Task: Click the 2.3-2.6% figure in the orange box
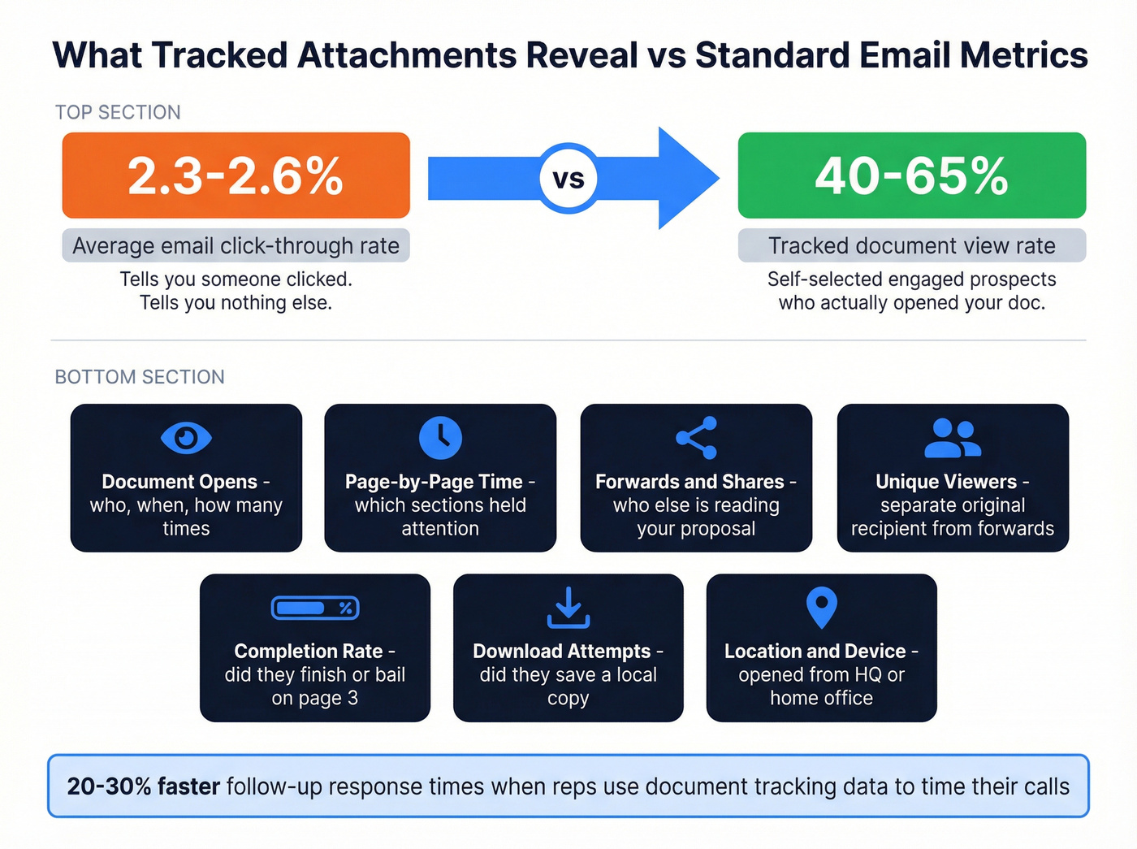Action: tap(236, 175)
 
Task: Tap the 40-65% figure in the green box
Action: tap(911, 175)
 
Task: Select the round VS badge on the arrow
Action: tap(568, 179)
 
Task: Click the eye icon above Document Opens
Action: tap(186, 438)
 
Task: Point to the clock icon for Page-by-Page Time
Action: tap(440, 438)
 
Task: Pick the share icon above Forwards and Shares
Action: tap(696, 438)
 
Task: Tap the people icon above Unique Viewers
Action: tap(953, 438)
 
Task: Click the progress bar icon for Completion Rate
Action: tap(315, 608)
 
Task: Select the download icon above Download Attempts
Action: tap(568, 608)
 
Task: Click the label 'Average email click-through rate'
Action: tap(236, 245)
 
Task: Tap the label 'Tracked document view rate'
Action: tap(911, 245)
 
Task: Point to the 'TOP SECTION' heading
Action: tap(118, 112)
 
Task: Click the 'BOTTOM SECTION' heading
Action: tap(140, 377)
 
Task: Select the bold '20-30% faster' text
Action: tap(143, 786)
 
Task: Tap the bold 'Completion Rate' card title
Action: tap(308, 651)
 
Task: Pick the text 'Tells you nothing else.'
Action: tap(236, 303)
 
